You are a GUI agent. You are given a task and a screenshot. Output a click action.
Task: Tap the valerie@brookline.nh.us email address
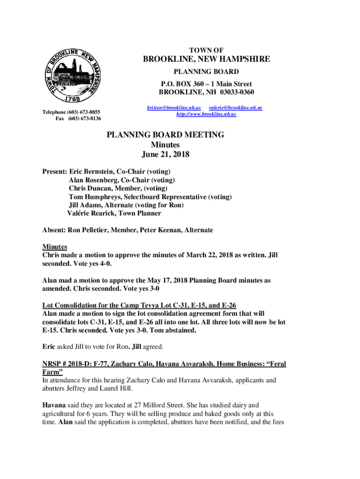(x=235, y=108)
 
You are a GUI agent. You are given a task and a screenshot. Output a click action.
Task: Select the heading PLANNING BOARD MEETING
(x=165, y=135)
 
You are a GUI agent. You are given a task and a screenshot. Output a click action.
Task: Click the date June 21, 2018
(x=165, y=154)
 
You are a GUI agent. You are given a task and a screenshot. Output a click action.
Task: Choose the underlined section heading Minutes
(x=55, y=247)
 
